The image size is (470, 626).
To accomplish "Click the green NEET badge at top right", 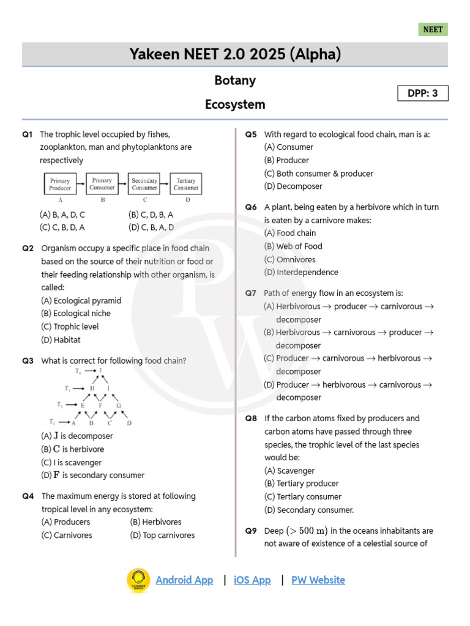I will point(433,29).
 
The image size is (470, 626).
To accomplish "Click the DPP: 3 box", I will point(423,94).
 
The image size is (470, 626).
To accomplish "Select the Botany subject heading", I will point(235,81).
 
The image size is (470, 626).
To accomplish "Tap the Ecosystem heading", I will point(235,105).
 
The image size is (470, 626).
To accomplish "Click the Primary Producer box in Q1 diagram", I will point(60,184).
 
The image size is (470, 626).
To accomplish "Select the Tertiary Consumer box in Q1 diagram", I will point(185,184).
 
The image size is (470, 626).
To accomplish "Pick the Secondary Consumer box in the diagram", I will point(144,184).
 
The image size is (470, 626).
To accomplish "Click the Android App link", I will point(184,580).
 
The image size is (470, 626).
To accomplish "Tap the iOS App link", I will point(252,580).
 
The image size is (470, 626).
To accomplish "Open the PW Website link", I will point(318,580).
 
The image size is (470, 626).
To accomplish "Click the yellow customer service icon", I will point(138,581).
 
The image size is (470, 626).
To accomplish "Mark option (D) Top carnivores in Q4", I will point(162,536).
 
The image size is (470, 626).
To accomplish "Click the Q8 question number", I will point(251,418).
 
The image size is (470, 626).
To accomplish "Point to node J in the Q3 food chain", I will point(100,370).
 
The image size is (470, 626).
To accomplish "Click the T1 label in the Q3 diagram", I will point(53,422).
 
